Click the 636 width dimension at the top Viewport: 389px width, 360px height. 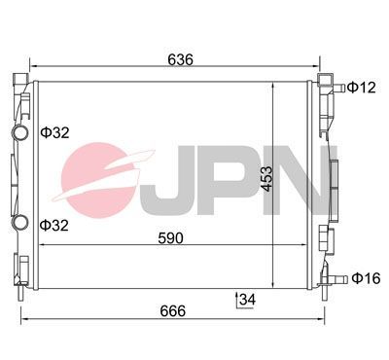point(180,60)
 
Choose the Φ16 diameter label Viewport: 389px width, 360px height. point(365,278)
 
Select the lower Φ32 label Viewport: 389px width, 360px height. point(54,224)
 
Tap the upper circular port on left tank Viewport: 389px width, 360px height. point(19,133)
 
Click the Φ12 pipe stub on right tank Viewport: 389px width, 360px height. point(338,89)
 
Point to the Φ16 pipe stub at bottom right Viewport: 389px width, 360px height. point(339,278)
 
